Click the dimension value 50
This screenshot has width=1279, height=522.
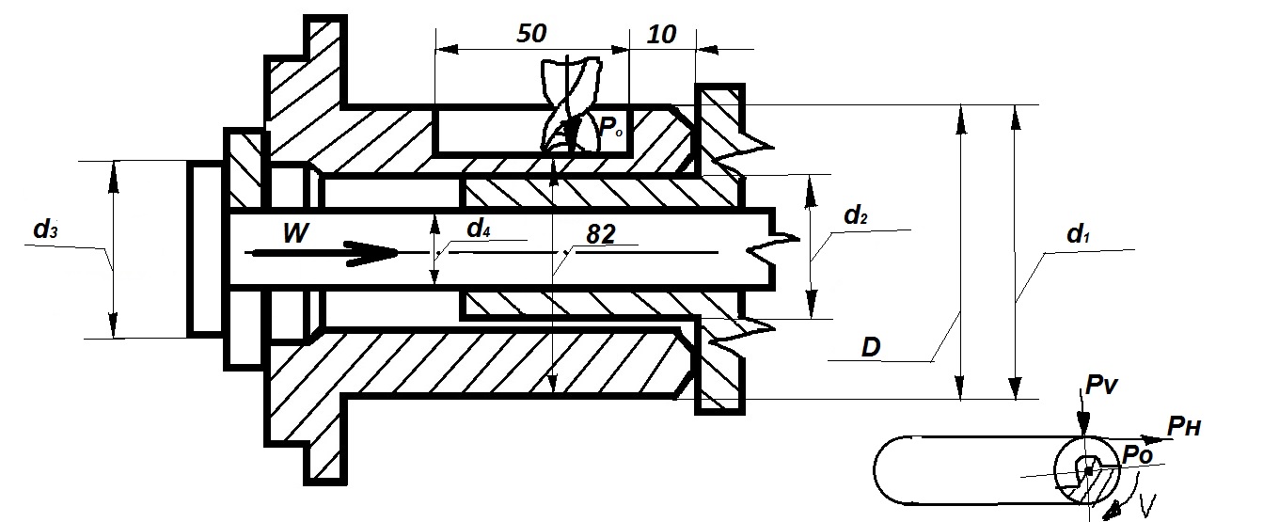click(531, 34)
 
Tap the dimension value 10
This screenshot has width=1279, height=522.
click(662, 35)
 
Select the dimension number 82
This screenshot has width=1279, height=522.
click(601, 234)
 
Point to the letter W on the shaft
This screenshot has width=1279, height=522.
click(295, 233)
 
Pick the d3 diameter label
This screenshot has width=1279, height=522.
click(46, 229)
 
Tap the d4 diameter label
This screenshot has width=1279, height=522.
click(479, 229)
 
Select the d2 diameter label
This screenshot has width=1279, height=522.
click(856, 214)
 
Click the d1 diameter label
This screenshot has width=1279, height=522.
click(1078, 233)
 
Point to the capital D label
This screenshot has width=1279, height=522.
click(871, 347)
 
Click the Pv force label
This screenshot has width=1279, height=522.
click(1101, 385)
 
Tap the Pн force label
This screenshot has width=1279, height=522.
click(1184, 426)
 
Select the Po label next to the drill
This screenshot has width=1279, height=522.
click(610, 127)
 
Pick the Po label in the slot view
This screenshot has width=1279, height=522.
click(1137, 454)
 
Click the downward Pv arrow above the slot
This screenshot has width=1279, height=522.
click(1082, 413)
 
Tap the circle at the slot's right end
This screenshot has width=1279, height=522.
click(1086, 470)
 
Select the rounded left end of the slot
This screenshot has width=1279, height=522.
click(891, 470)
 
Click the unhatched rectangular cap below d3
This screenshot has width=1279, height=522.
click(206, 248)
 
